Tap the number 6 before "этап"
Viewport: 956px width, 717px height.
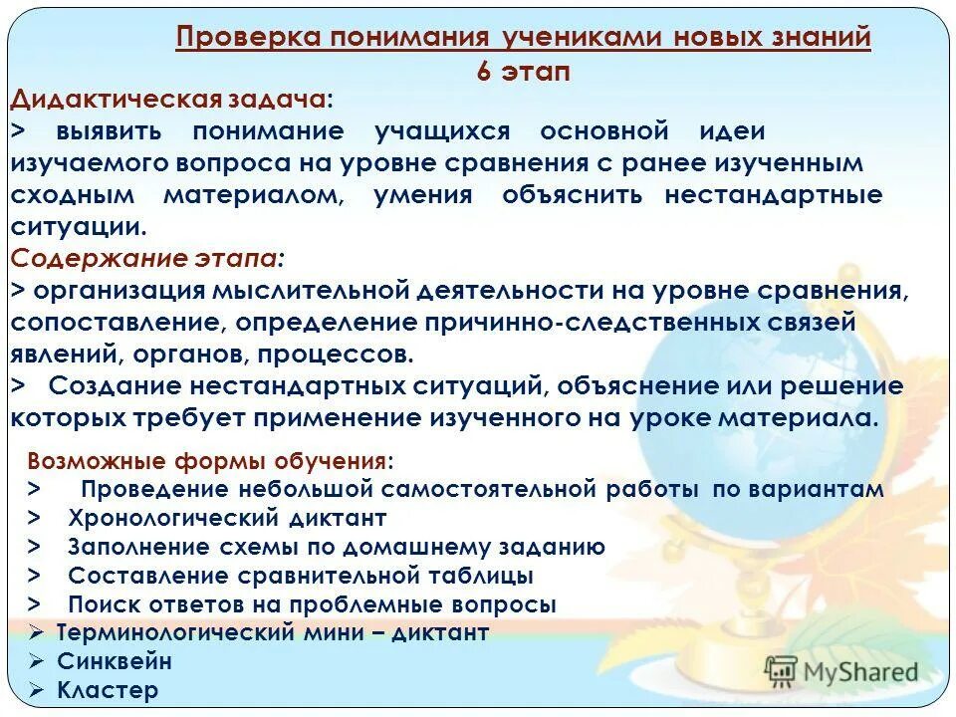click(484, 72)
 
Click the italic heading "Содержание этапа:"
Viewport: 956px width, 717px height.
click(146, 259)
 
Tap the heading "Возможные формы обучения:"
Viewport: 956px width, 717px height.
click(210, 461)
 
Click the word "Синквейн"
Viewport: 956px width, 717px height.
click(115, 661)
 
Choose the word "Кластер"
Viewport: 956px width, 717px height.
click(108, 690)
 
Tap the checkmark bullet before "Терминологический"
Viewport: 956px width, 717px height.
click(36, 632)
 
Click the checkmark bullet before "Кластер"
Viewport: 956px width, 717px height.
click(36, 690)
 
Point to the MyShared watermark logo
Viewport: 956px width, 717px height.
click(841, 670)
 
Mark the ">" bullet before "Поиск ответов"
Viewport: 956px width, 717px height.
click(34, 604)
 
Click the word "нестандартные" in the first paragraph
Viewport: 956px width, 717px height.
click(773, 195)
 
